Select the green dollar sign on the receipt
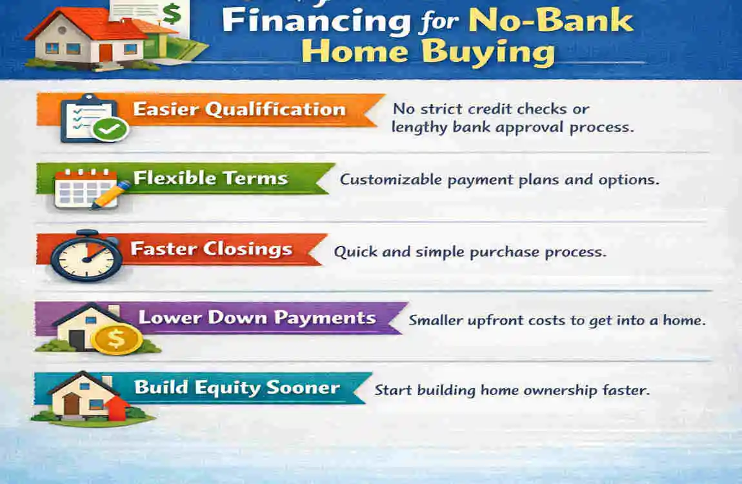[171, 13]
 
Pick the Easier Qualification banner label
[239, 109]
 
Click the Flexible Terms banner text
[210, 178]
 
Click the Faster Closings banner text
[211, 248]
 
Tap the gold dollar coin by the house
[116, 338]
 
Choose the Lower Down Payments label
[257, 318]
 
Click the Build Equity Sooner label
[237, 388]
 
